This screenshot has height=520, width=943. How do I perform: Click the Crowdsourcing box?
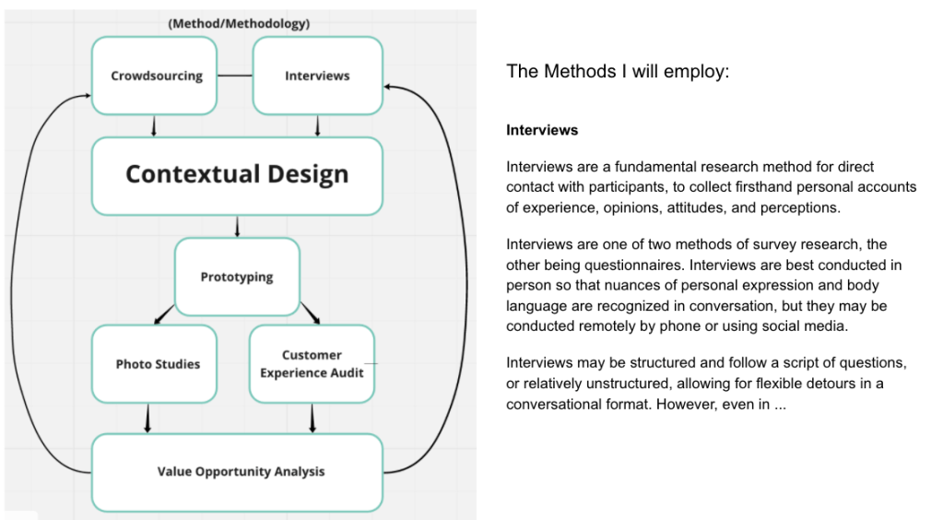click(x=156, y=76)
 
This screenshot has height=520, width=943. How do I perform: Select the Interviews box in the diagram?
click(x=317, y=76)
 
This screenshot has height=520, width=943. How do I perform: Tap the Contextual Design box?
click(x=237, y=174)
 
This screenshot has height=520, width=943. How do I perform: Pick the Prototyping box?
click(x=237, y=277)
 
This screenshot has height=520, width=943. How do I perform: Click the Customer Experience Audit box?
click(x=312, y=363)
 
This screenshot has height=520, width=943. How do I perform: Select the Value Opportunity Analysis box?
click(x=237, y=472)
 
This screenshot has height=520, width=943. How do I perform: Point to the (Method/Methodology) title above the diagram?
click(x=239, y=23)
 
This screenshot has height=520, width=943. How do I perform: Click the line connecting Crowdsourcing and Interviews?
click(x=235, y=76)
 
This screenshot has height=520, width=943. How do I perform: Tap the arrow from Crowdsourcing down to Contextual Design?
click(x=154, y=125)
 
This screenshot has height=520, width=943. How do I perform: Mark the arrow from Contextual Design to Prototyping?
click(x=238, y=226)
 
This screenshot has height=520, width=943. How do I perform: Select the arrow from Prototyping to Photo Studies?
click(x=164, y=313)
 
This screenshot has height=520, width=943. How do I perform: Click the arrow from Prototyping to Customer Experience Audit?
click(x=311, y=313)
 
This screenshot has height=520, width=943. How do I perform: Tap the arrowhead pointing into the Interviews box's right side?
click(x=388, y=86)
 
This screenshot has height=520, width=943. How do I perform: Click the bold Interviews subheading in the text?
click(x=542, y=130)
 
